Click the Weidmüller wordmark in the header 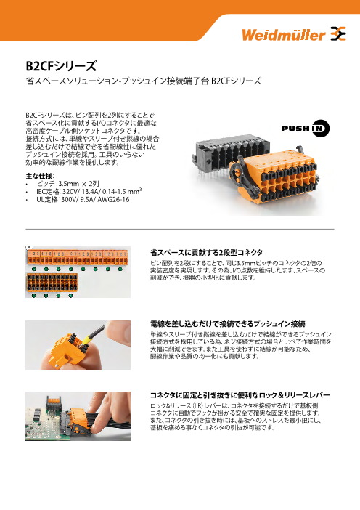(x=284, y=34)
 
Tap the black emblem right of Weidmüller (x=338, y=33)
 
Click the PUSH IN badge (x=306, y=128)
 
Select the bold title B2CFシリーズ (x=61, y=66)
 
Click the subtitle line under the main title (x=143, y=81)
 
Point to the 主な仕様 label (x=40, y=176)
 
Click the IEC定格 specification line (x=89, y=191)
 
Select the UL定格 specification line (x=83, y=199)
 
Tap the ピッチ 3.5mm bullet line (x=67, y=184)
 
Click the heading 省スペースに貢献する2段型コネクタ (x=206, y=252)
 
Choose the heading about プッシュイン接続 (x=227, y=324)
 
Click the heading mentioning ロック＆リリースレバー (x=240, y=395)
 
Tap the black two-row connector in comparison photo (x=52, y=283)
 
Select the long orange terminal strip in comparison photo (x=77, y=257)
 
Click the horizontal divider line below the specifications (x=180, y=230)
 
